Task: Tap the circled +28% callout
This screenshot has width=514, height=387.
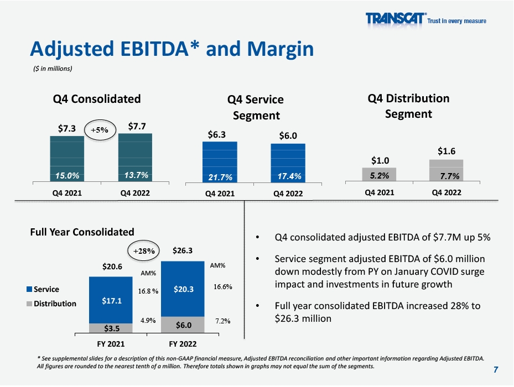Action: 143,250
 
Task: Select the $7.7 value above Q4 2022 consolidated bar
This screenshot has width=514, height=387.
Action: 137,127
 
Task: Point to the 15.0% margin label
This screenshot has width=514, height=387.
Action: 67,175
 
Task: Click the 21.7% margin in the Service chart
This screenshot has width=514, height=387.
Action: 220,177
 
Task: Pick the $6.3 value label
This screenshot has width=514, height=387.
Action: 216,134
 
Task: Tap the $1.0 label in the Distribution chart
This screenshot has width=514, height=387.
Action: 379,160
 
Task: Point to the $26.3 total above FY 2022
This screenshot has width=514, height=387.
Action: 183,251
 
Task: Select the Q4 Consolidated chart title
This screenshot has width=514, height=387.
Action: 97,99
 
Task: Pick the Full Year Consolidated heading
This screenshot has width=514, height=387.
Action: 82,232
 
